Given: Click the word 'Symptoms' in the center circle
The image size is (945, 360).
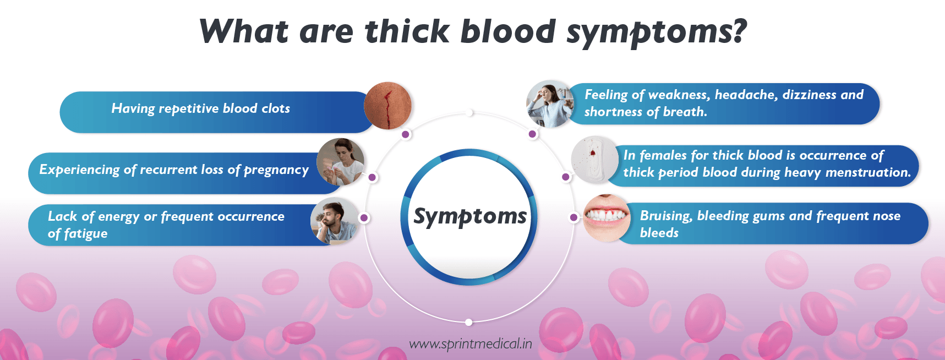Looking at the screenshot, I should [470, 216].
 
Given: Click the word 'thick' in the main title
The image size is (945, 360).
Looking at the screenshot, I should [407, 31].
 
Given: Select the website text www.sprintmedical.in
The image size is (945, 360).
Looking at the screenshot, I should [471, 344].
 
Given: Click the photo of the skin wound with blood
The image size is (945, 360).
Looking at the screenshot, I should [388, 106].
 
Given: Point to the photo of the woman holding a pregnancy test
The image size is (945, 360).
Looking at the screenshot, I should [340, 161].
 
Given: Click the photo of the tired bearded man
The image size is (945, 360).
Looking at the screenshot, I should [334, 221].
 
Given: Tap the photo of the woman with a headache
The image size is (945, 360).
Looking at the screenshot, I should [550, 104].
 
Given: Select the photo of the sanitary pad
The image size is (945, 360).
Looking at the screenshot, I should [595, 160].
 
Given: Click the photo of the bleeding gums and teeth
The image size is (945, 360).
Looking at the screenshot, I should [607, 217].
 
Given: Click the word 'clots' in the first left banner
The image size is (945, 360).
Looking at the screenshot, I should [276, 108].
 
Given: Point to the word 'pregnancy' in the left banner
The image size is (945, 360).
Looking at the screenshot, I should [276, 170].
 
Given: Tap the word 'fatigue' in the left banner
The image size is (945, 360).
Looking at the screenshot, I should [85, 234].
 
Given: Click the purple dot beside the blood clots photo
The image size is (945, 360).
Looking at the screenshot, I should [406, 134].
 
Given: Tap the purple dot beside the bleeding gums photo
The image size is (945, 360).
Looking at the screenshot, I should [573, 217].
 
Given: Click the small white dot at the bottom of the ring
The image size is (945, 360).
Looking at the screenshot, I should [468, 322].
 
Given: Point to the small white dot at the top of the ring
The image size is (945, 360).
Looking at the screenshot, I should [469, 113].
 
